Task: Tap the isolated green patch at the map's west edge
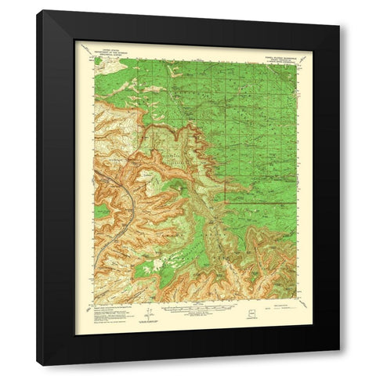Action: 100,211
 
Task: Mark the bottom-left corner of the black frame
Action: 38,366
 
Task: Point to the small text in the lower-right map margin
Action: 278,307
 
